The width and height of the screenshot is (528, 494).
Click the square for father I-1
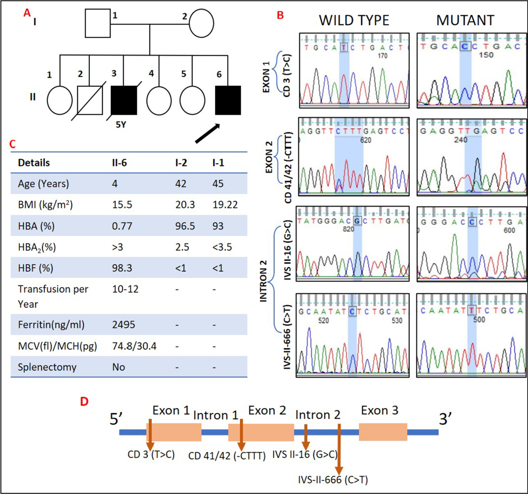click(x=98, y=23)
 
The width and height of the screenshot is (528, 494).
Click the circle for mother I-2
click(x=202, y=23)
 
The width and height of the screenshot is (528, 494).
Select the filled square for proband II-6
click(x=228, y=100)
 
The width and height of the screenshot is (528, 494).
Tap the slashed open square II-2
click(x=90, y=100)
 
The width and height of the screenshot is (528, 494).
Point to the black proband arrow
click(x=208, y=133)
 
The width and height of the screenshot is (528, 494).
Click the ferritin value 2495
click(x=124, y=325)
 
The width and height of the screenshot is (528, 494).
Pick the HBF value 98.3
click(x=122, y=268)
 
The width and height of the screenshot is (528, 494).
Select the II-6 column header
click(x=119, y=163)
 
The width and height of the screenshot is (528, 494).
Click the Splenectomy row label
click(x=47, y=367)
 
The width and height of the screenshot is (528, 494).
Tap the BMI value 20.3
click(x=185, y=205)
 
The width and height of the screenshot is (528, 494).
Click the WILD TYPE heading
click(x=354, y=20)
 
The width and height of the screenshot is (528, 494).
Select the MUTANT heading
click(x=465, y=20)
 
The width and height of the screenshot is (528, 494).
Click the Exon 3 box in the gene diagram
click(x=383, y=432)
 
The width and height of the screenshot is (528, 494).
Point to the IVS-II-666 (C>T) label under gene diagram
click(x=333, y=479)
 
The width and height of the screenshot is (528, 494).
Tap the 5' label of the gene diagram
click(x=116, y=420)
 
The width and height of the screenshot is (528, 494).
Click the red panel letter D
click(x=84, y=401)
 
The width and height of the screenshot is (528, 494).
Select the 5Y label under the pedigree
click(x=121, y=125)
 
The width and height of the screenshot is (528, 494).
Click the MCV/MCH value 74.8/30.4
click(x=134, y=346)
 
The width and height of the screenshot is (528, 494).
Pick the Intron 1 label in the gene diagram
click(x=216, y=415)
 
